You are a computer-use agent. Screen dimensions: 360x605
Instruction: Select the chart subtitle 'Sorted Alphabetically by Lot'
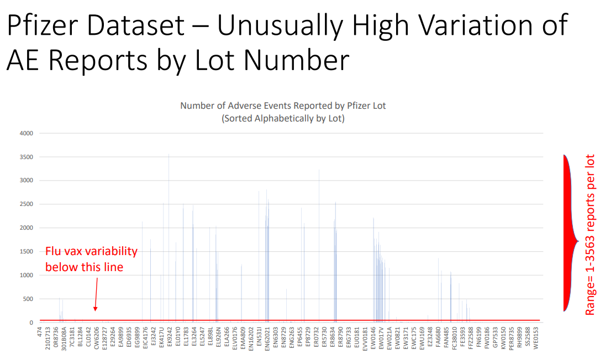(283, 118)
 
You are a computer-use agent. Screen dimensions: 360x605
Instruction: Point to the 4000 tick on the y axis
(27, 133)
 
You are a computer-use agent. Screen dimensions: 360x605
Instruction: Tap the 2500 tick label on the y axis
(27, 204)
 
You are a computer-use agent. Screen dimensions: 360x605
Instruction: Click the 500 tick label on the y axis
(28, 299)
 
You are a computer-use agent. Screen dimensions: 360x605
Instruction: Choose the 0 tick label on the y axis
(31, 322)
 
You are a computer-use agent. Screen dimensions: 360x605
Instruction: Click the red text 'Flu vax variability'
(91, 252)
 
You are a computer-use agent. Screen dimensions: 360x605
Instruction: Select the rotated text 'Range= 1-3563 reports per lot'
(590, 235)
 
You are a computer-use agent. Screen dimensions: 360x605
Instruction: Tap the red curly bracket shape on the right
(569, 235)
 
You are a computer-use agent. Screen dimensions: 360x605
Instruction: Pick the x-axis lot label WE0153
(535, 338)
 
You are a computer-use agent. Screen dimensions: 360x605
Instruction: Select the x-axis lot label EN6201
(267, 338)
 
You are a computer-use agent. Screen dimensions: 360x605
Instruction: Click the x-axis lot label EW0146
(373, 338)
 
